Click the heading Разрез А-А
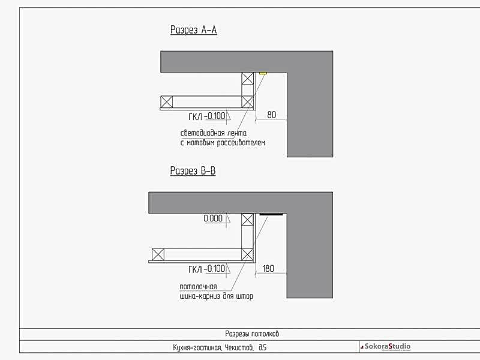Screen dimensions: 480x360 (x=193, y=30)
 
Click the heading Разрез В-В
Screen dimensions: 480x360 (x=193, y=171)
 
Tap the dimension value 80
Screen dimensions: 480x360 (x=272, y=115)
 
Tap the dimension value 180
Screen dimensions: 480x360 (x=268, y=268)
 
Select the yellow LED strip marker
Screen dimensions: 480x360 (x=263, y=73)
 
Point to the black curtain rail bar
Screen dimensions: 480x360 (x=271, y=214)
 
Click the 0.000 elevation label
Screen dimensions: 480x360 (x=213, y=218)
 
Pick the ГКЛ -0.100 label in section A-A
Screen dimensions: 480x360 (x=207, y=116)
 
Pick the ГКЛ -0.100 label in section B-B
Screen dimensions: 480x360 (x=207, y=269)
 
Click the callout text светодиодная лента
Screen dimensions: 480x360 (x=214, y=133)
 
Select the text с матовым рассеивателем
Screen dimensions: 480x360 (x=223, y=143)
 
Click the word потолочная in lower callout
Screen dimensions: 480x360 (x=199, y=287)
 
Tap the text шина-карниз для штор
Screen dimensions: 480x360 (x=217, y=296)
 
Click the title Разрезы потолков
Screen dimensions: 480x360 (x=252, y=334)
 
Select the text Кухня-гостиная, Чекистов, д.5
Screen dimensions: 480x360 (x=220, y=347)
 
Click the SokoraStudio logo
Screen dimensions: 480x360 (x=386, y=347)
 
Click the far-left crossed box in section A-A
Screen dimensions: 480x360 (x=167, y=101)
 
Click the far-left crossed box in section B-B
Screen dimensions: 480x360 (x=158, y=254)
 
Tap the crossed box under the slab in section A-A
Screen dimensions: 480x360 (x=248, y=79)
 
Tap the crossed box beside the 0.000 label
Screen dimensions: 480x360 (x=247, y=220)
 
